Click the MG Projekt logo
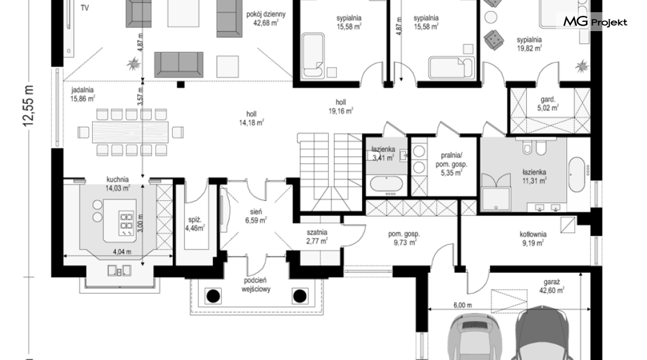tap(595, 22)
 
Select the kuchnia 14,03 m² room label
tap(118, 184)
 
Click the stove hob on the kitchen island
tap(126, 223)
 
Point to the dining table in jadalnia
tap(130, 132)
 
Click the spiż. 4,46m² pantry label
tap(195, 223)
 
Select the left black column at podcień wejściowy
tap(213, 296)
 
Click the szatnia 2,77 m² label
tap(317, 237)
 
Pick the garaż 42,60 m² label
tap(554, 287)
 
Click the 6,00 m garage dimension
tap(463, 305)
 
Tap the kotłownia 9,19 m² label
tap(533, 239)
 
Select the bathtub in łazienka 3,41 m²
tap(386, 184)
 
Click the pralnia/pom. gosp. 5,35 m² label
tap(452, 164)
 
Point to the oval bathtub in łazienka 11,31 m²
tap(577, 174)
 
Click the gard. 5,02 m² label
tap(548, 104)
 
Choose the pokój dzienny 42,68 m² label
tap(266, 18)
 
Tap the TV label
tap(85, 8)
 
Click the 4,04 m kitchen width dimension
tap(122, 251)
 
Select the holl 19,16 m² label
tap(341, 106)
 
